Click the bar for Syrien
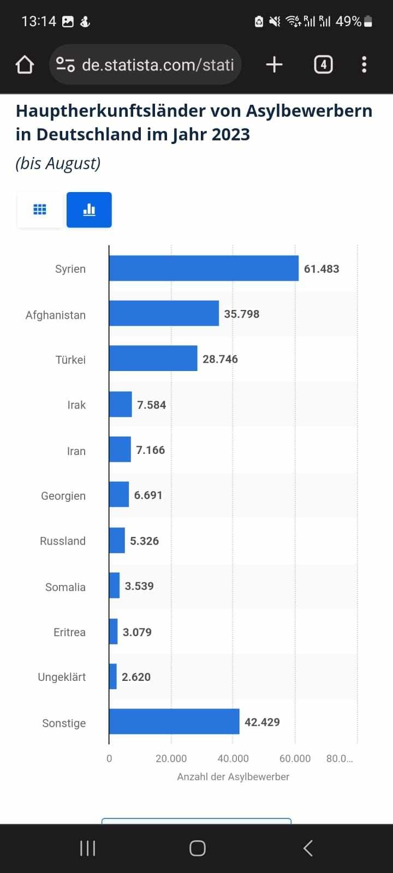pos(204,268)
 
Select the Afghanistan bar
pos(164,314)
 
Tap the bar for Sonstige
pos(174,721)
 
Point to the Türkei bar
pos(153,358)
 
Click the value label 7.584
pos(151,405)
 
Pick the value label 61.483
pos(321,269)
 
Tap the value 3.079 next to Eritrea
pos(137,632)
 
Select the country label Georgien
pos(63,496)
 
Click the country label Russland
pos(63,541)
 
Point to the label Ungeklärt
pos(62,677)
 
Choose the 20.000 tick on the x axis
pos(171,758)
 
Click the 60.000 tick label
pos(295,758)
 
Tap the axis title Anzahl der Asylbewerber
pos(233,776)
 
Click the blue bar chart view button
pos(89,210)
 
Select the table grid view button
pos(40,210)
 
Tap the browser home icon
pos(25,65)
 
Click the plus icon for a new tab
pos(274,65)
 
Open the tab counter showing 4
pos(323,65)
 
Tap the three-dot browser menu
pos(364,65)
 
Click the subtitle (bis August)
pos(58,163)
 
